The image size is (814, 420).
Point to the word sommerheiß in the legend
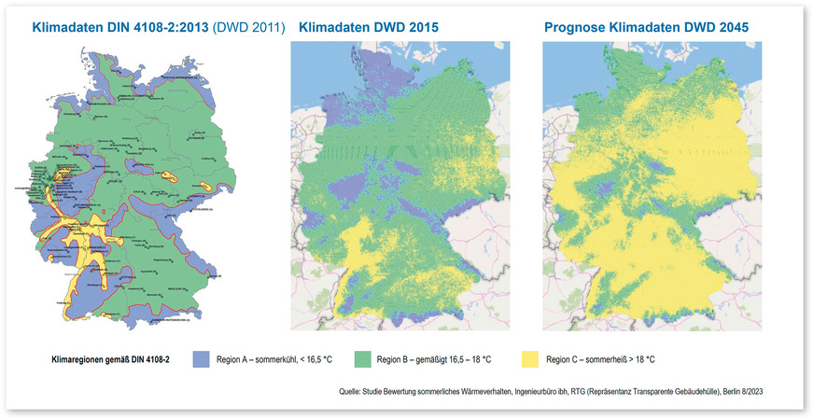(607, 359)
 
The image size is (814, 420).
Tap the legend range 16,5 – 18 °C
(481, 359)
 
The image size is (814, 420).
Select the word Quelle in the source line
(352, 392)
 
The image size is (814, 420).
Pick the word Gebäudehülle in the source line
(691, 392)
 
